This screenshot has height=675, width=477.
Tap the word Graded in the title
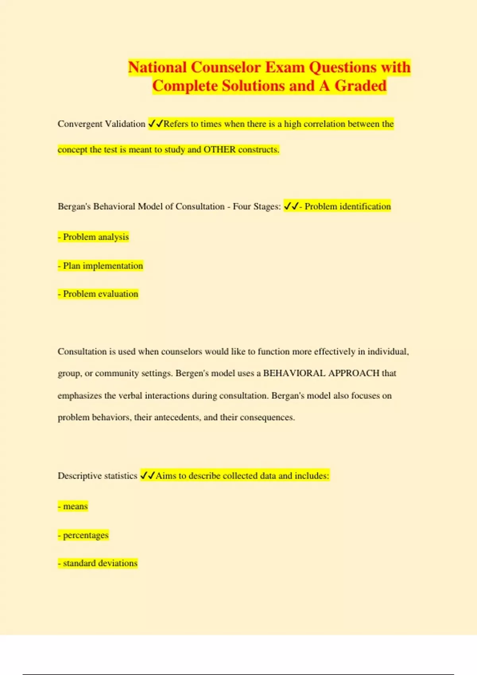coord(361,86)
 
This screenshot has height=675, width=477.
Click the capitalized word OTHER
coord(219,150)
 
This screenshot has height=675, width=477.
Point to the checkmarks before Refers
coord(155,124)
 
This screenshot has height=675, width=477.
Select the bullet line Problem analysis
coord(93,237)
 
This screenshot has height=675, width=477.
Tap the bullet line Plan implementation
coord(100,266)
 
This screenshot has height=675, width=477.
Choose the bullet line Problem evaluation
coord(98,294)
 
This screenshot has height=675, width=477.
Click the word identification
coord(365,206)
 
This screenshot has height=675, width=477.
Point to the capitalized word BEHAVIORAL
coord(294,373)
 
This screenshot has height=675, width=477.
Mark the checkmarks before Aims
coord(147,476)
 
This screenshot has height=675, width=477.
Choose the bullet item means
coord(73,506)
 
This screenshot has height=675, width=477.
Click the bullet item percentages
coord(83,535)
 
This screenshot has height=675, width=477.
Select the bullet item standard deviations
coord(98,563)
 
